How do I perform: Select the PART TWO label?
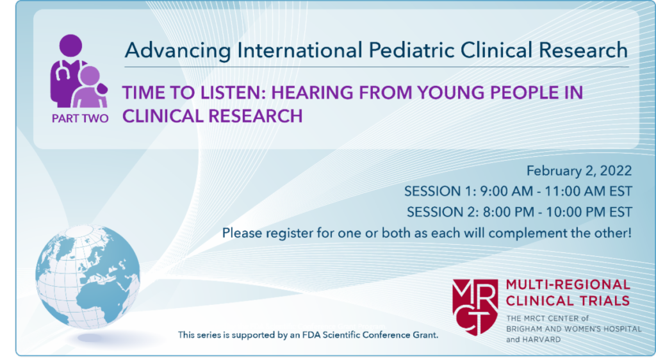(80, 118)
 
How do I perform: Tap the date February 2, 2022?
(579, 171)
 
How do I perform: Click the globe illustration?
(88, 277)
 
